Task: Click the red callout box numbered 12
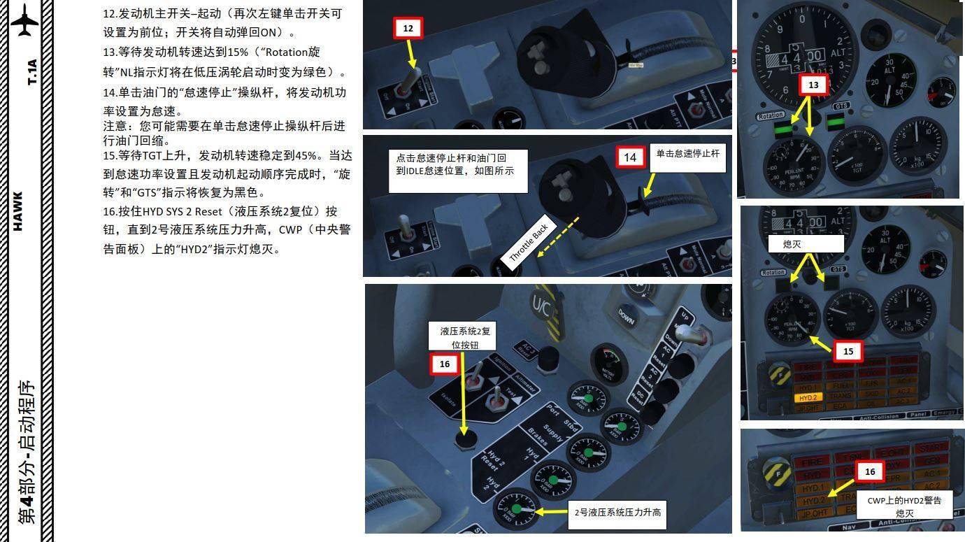pos(408,29)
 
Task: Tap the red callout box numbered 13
pos(813,85)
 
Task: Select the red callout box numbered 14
pos(630,157)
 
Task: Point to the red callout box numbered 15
pos(848,351)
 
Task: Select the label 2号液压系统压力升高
pos(616,513)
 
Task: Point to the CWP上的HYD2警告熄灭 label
pos(904,506)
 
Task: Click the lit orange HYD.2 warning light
pos(808,397)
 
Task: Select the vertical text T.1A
pos(31,72)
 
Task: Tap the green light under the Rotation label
pos(782,127)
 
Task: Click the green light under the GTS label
pos(836,123)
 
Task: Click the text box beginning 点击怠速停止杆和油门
pos(458,170)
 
